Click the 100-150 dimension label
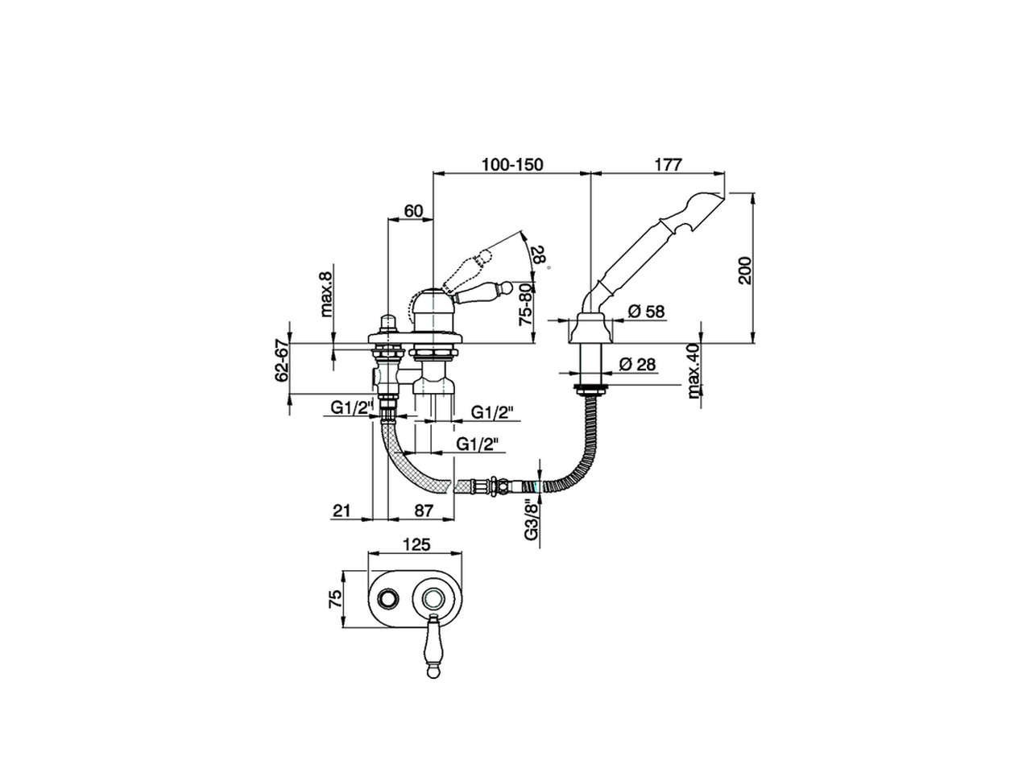[x=512, y=164]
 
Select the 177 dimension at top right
[x=668, y=164]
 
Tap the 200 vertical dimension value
[x=744, y=270]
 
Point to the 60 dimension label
[x=412, y=211]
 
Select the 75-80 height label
[x=525, y=302]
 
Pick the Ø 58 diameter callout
[x=646, y=311]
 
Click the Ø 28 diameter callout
[x=638, y=365]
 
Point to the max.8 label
[x=325, y=295]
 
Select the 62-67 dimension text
[x=282, y=361]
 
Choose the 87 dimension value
[x=424, y=511]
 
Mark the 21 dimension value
[x=342, y=511]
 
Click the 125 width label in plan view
[x=416, y=544]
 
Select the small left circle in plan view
[x=389, y=597]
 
